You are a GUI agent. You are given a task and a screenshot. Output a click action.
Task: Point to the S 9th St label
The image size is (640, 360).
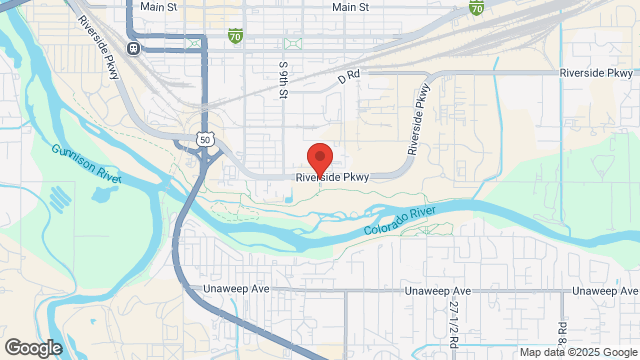[x=284, y=79]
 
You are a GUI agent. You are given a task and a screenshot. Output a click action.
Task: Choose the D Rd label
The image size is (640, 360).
[x=348, y=75]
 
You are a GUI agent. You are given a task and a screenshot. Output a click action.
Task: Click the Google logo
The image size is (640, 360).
[x=32, y=347]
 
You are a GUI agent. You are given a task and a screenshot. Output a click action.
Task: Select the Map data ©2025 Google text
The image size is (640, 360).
[x=577, y=352]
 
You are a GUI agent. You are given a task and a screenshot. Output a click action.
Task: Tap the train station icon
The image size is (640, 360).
[x=134, y=47]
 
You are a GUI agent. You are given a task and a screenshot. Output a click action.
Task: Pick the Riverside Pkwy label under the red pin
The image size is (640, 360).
[x=333, y=178]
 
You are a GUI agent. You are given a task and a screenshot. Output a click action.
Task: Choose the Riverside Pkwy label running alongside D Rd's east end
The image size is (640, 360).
[x=597, y=73]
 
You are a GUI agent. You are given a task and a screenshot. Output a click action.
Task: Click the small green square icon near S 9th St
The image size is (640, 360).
[x=291, y=45]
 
